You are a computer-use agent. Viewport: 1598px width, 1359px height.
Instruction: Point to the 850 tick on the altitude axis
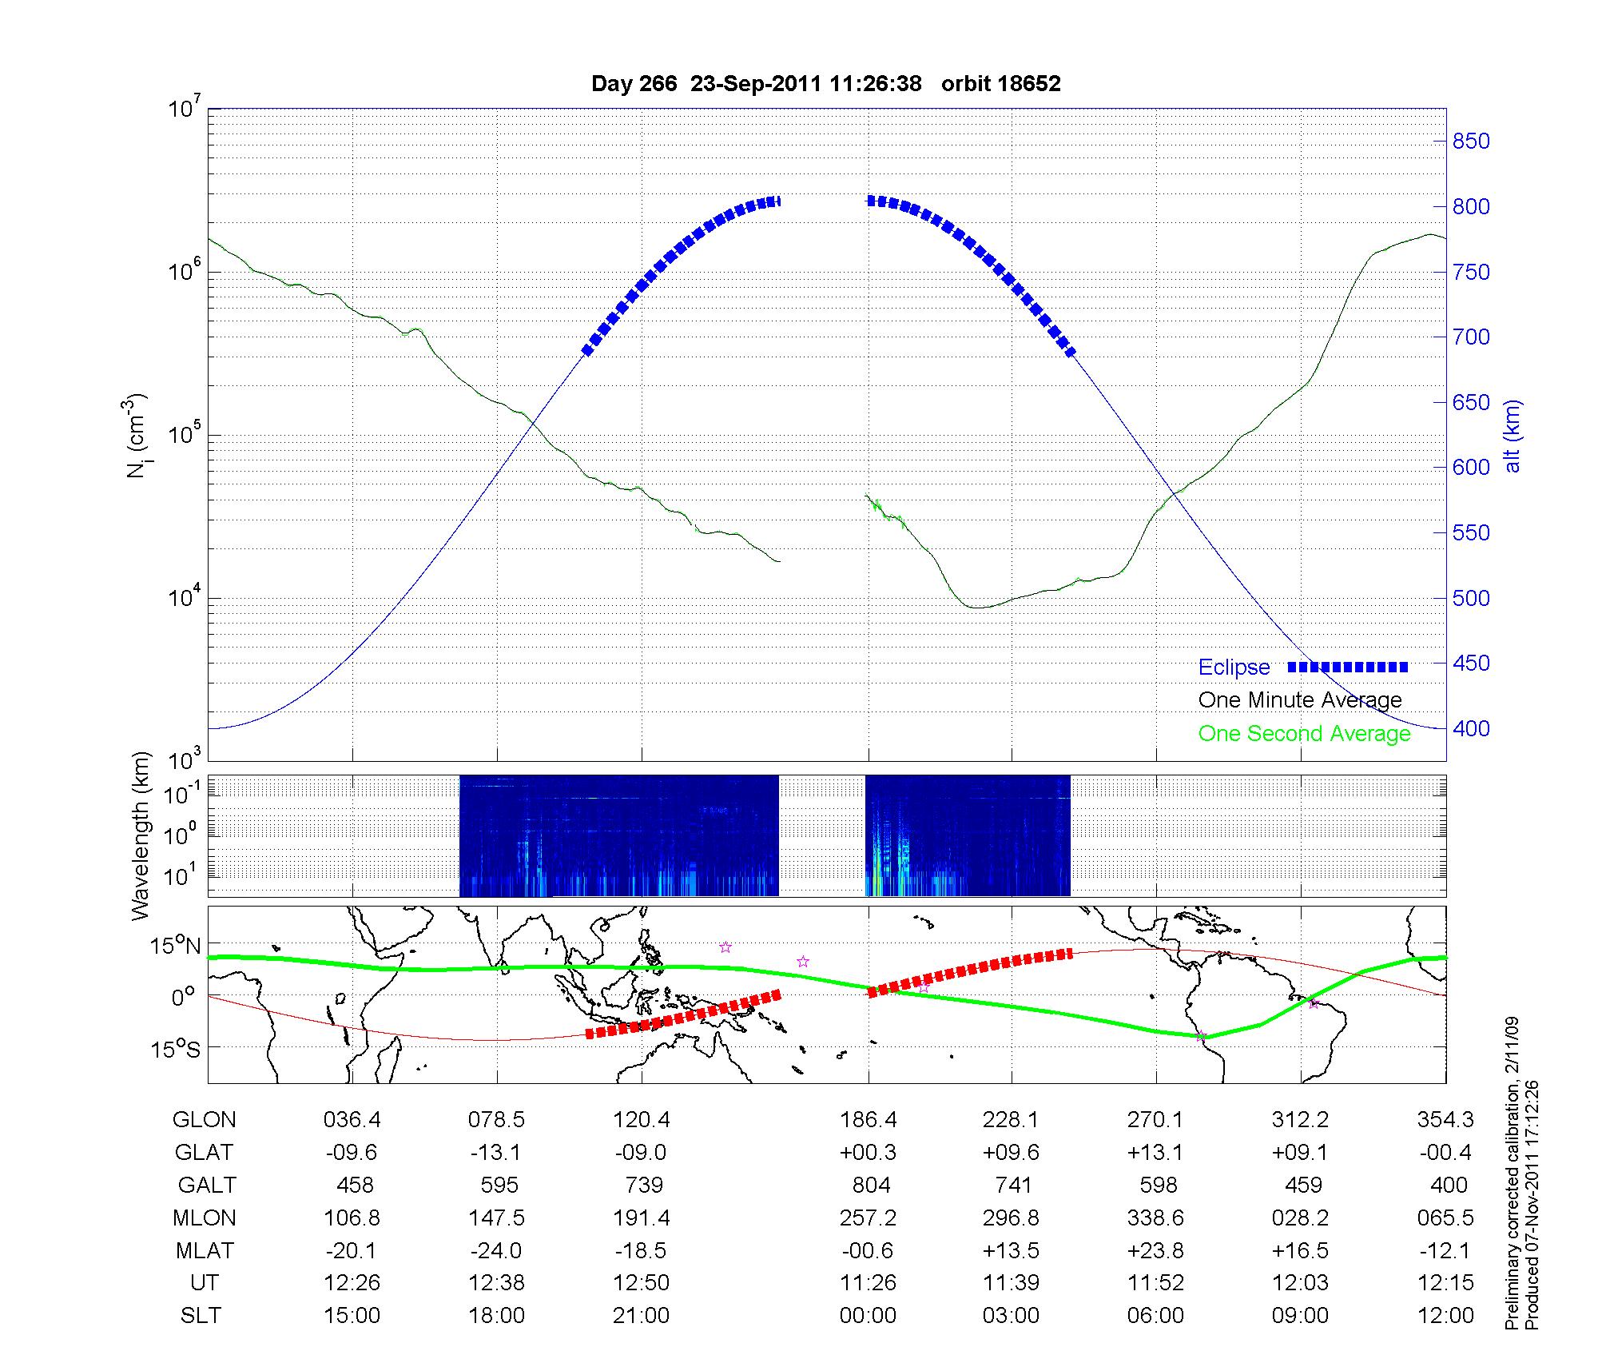pyautogui.click(x=1471, y=141)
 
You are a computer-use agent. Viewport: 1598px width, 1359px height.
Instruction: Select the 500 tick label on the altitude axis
pyautogui.click(x=1471, y=598)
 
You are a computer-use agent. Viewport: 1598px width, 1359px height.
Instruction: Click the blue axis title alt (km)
pyautogui.click(x=1513, y=436)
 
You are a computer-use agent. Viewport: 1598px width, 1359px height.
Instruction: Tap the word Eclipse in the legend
pyautogui.click(x=1234, y=668)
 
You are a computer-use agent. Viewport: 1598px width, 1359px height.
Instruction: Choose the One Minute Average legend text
pyautogui.click(x=1300, y=700)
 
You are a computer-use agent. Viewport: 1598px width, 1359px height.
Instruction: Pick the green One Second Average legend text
pyautogui.click(x=1304, y=734)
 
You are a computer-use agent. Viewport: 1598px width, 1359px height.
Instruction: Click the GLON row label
pyautogui.click(x=205, y=1120)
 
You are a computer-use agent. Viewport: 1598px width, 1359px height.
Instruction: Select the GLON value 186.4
pyautogui.click(x=868, y=1120)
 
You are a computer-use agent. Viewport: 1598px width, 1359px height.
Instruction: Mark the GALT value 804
pyautogui.click(x=871, y=1185)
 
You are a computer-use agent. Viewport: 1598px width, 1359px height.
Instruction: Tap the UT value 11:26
pyautogui.click(x=868, y=1282)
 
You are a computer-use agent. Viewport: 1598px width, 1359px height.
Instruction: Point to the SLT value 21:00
pyautogui.click(x=641, y=1315)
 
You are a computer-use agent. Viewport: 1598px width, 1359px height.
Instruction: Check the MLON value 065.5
pyautogui.click(x=1445, y=1218)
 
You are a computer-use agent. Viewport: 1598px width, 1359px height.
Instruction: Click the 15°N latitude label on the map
pyautogui.click(x=176, y=947)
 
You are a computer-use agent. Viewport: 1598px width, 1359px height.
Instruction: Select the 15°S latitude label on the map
pyautogui.click(x=176, y=1048)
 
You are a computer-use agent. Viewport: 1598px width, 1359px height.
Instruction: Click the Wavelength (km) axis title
pyautogui.click(x=141, y=835)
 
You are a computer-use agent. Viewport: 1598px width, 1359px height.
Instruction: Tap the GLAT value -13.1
pyautogui.click(x=496, y=1152)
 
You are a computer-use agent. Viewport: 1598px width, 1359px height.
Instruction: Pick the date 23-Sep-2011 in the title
pyautogui.click(x=755, y=84)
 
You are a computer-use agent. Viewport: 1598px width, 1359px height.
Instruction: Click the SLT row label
pyautogui.click(x=201, y=1315)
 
